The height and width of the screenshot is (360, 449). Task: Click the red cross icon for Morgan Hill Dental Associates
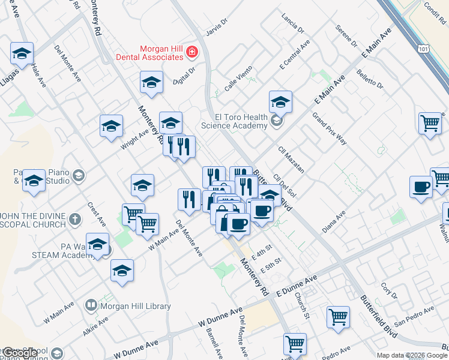192,53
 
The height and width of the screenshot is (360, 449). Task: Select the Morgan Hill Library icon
91,305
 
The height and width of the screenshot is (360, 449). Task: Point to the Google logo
20,353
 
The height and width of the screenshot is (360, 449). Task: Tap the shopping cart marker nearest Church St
339,316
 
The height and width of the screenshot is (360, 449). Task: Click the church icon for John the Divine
75,219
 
